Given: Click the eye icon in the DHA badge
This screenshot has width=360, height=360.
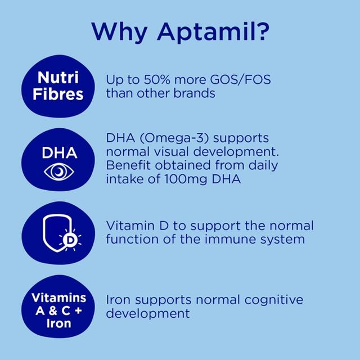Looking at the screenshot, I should (59, 172).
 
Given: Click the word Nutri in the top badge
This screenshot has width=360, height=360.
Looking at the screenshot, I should (60, 77).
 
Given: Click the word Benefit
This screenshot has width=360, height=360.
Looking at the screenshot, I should (127, 166).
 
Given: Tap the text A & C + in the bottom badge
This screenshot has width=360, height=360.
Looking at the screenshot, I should (59, 310).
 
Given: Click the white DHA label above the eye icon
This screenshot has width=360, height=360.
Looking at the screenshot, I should (59, 153).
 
